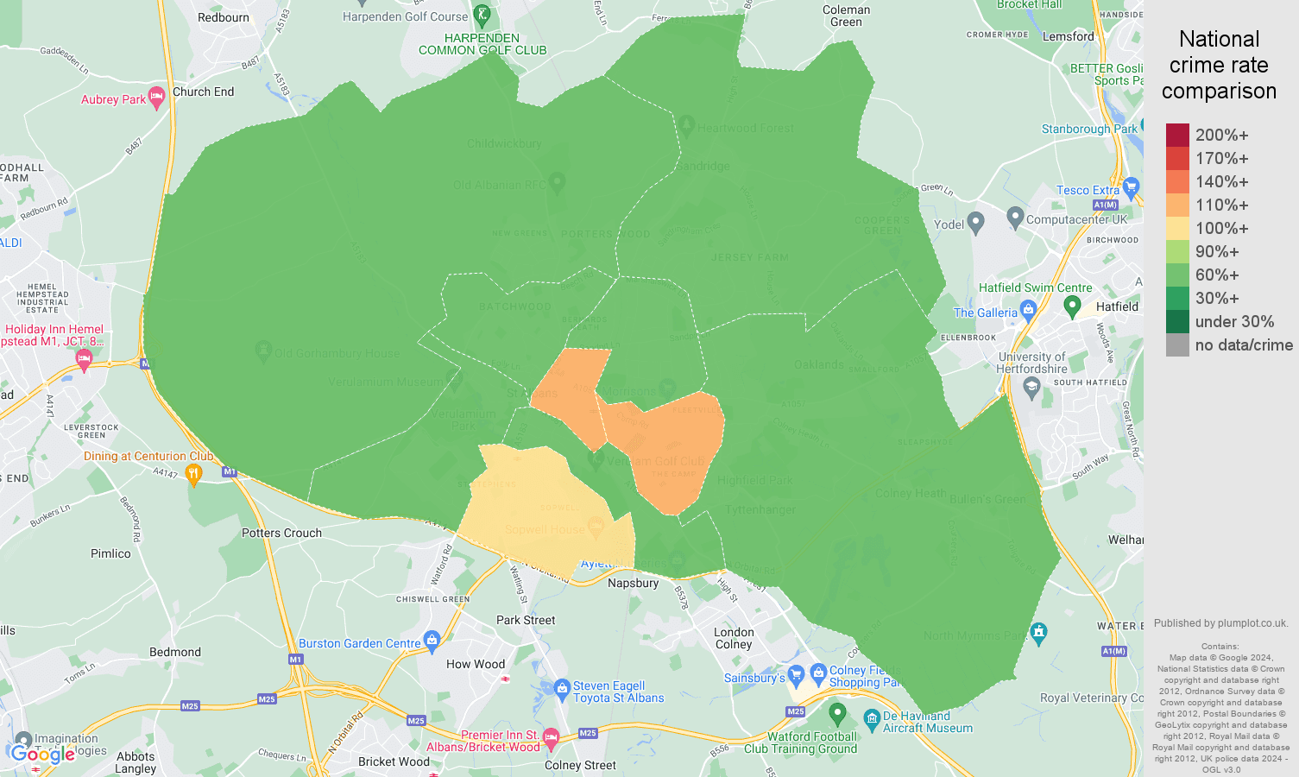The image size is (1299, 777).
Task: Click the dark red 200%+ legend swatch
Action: coord(1177,135)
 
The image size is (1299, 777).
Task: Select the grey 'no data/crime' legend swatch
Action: coord(1177,345)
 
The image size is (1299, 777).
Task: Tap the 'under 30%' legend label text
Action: coord(1234,322)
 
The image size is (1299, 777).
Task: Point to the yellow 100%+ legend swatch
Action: coord(1177,228)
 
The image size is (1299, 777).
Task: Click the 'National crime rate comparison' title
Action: coord(1219,65)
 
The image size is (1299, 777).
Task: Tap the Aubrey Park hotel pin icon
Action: coord(156,98)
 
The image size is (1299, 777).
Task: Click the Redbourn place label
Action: coord(223,17)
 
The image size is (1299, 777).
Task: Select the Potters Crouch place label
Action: coord(281,533)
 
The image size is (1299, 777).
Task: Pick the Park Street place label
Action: coord(526,620)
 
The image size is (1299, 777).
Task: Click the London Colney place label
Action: coord(734,638)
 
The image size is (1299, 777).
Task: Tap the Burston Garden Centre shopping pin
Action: coord(432,641)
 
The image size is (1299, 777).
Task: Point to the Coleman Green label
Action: coord(846,16)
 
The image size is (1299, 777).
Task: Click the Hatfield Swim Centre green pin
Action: coord(1072,305)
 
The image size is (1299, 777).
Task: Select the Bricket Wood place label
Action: coord(394,761)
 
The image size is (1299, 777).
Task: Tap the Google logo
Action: coord(43,755)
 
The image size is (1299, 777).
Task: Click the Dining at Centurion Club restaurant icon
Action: coord(193,473)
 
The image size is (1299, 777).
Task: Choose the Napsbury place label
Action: coord(633,583)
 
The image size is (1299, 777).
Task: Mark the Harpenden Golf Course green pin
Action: coord(482,14)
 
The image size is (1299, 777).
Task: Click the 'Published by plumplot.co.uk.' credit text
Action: coord(1220,623)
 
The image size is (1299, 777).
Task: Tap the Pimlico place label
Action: coord(110,553)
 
